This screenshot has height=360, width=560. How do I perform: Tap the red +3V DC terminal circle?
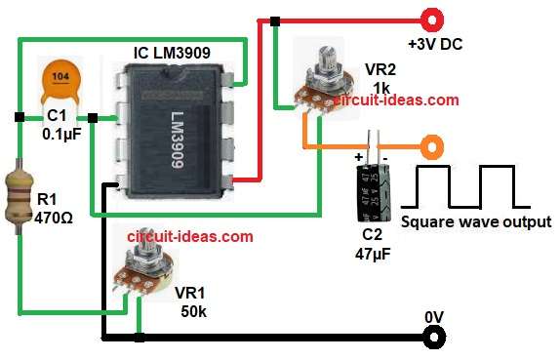click(x=429, y=19)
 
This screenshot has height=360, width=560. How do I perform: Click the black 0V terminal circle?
click(x=430, y=338)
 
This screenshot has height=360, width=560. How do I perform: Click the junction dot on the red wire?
click(x=276, y=20)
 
